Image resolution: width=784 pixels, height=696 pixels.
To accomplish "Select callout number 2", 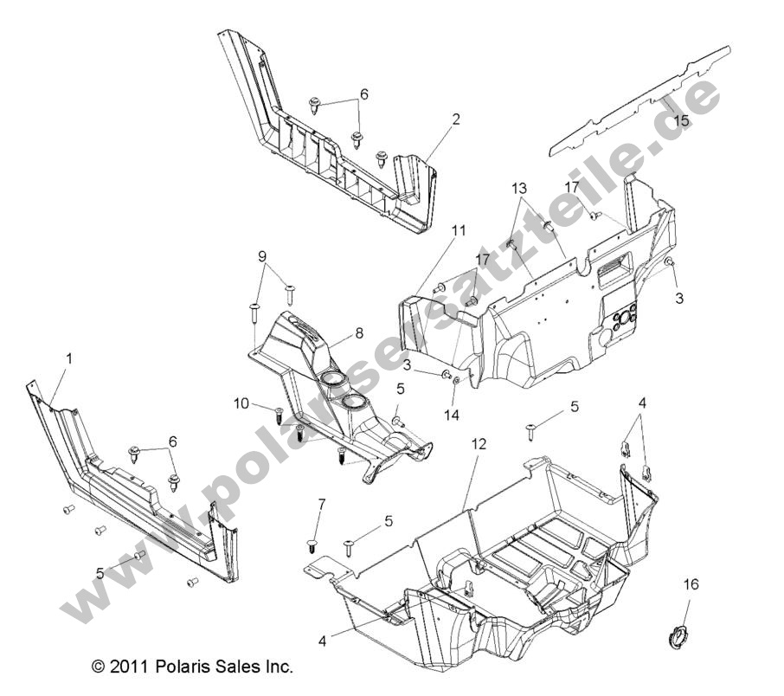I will click(x=456, y=119).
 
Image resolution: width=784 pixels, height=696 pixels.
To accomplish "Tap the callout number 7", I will click(x=322, y=503).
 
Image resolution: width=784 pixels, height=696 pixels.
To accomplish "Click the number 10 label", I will click(x=241, y=403).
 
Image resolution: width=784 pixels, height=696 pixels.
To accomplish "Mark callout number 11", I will click(x=459, y=230).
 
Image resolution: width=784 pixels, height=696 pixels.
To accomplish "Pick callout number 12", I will click(x=479, y=443).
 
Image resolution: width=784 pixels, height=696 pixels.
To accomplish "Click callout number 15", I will click(x=681, y=121).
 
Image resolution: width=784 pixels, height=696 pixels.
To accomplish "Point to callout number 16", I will click(x=690, y=585).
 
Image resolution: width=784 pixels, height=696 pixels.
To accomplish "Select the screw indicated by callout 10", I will click(x=279, y=414).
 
